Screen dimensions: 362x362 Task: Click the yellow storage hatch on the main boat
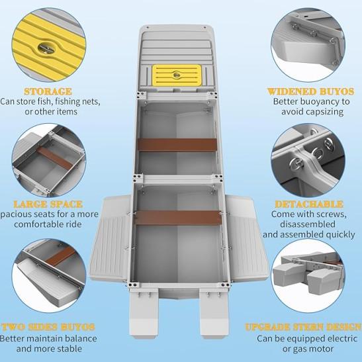coord(177,75)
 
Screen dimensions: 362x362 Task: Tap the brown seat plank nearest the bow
coord(177,145)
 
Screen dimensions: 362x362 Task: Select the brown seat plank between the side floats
coord(178,218)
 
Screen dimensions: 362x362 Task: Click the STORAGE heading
coord(48,91)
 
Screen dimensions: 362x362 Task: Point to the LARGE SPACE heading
coord(48,204)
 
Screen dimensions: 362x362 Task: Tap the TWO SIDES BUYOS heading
coord(48,327)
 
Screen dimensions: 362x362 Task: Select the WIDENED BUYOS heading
coord(311,91)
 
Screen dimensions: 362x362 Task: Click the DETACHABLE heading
coord(309,204)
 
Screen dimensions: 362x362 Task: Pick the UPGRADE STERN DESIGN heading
coord(303,327)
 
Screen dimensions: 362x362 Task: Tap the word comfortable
coord(48,224)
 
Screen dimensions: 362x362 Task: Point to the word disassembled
coord(308,224)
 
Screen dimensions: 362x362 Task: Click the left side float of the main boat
coord(110,238)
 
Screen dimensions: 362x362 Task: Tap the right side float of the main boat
coord(248,238)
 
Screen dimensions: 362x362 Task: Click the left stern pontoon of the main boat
coord(144,313)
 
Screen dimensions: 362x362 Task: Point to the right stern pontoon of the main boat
coord(214,313)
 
